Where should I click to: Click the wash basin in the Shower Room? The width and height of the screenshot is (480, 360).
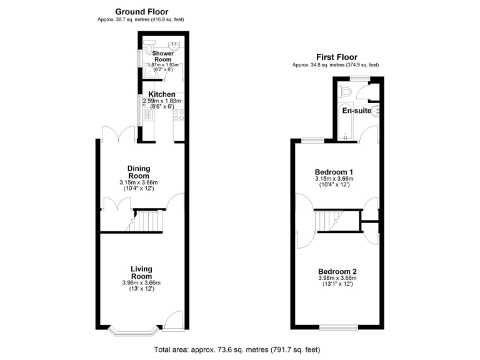pos(175,45)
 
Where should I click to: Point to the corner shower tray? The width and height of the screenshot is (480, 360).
pos(148,71)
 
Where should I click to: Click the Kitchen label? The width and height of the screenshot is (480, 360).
pos(161,94)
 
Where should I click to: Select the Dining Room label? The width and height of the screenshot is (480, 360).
pos(139,172)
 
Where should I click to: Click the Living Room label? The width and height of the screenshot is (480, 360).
pos(141,272)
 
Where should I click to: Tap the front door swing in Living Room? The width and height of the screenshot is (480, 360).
pos(176,319)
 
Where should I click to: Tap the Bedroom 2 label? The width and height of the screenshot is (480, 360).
pos(337,271)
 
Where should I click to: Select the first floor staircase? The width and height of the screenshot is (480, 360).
pos(327,221)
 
